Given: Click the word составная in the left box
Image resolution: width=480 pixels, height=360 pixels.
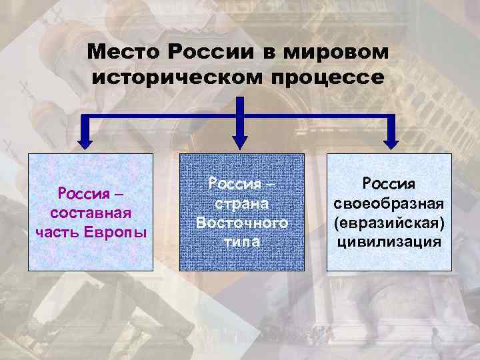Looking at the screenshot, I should (90, 213).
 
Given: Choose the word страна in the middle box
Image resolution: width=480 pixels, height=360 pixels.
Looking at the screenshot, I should (242, 203).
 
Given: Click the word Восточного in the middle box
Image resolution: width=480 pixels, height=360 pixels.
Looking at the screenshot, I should (242, 223).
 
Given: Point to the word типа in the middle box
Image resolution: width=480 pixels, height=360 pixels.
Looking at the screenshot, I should (242, 241).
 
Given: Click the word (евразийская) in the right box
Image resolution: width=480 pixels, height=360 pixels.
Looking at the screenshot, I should (389, 222).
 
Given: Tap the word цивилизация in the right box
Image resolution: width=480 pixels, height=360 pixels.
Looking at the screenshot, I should (389, 241).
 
